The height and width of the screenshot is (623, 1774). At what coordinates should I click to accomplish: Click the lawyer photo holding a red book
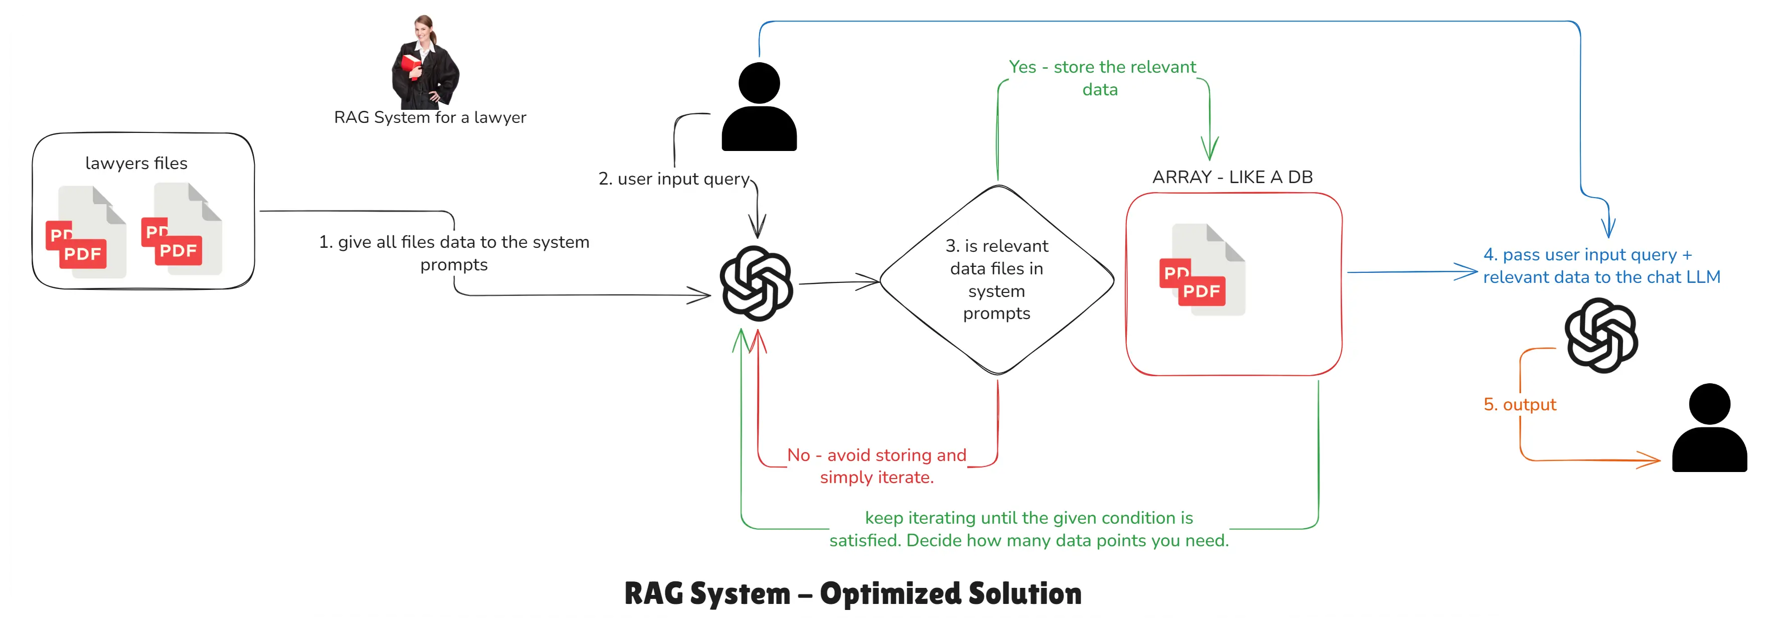[425, 63]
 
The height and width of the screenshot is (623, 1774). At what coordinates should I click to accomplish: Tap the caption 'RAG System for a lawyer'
[430, 118]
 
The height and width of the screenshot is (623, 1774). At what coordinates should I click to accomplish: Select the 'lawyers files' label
[136, 163]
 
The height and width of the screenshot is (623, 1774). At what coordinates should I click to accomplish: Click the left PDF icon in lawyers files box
[85, 233]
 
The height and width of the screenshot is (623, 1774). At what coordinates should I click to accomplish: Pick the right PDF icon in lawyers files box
[181, 230]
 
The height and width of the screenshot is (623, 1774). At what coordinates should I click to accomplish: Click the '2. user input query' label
[673, 179]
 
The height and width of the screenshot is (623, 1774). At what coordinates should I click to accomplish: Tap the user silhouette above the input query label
[759, 108]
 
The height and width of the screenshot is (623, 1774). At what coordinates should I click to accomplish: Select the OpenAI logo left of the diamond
[756, 283]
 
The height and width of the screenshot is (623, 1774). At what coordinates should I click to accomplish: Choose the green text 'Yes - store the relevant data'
[1102, 78]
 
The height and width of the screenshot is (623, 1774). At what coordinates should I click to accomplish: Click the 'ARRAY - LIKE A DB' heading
[1232, 177]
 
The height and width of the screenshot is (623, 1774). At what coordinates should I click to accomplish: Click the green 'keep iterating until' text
[1029, 529]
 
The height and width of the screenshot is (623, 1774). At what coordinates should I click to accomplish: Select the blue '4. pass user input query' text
[1601, 266]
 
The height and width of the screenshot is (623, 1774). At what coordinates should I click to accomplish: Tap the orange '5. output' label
[1519, 405]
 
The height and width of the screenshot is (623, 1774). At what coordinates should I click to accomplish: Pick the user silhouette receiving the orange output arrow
[1709, 428]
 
